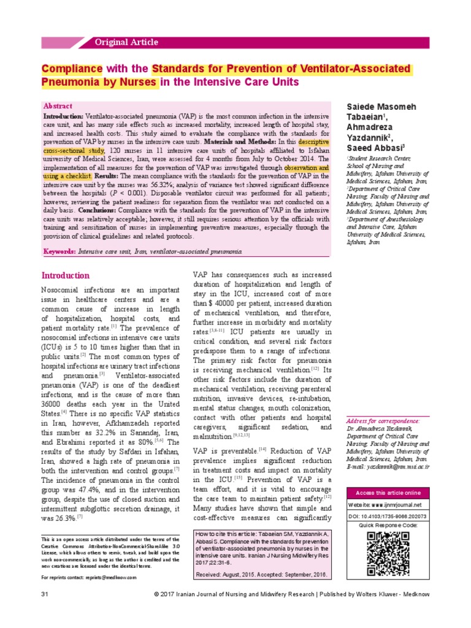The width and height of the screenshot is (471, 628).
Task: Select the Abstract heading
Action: pyautogui.click(x=57, y=106)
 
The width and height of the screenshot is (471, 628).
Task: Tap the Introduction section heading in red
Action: pyautogui.click(x=65, y=275)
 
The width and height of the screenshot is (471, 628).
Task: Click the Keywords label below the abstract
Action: pyautogui.click(x=59, y=252)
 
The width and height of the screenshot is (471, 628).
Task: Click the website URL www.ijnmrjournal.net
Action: pyautogui.click(x=403, y=505)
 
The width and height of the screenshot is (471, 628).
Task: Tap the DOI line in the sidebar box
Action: pyautogui.click(x=388, y=516)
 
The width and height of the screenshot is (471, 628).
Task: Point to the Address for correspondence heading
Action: pyautogui.click(x=383, y=438)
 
